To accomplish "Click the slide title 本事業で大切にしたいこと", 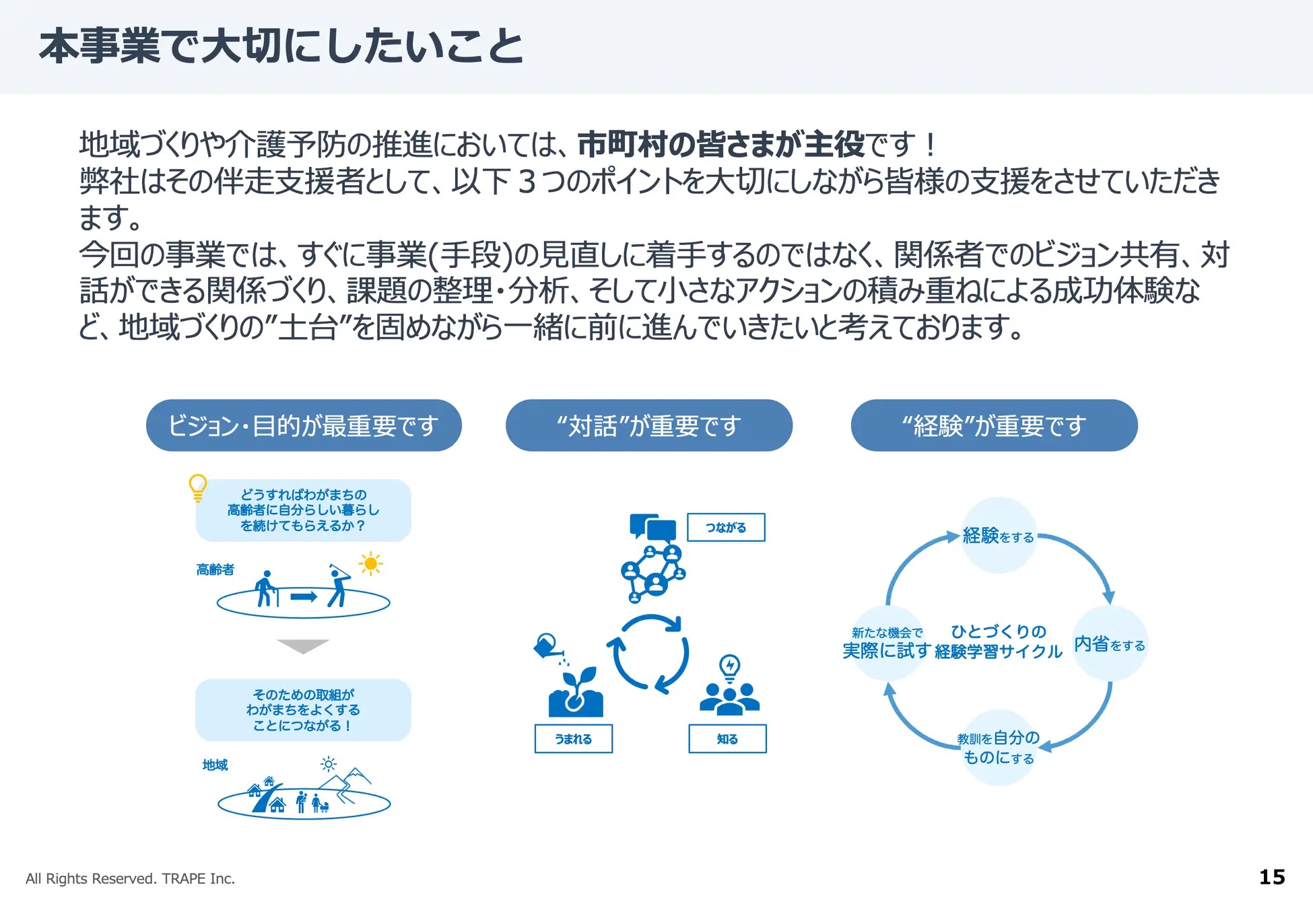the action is [281, 47].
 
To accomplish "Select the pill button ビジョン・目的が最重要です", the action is [304, 425].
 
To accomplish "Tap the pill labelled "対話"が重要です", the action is [649, 425].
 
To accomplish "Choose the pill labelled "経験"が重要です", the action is [995, 425].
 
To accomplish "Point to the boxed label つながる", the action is [726, 528].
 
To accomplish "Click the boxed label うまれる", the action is [574, 738].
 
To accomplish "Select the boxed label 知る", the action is [727, 738].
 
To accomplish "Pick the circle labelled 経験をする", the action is [999, 536].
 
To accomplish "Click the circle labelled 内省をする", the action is [1110, 643].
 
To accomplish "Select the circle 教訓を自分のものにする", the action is [999, 748].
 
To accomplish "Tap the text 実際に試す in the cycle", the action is [886, 651].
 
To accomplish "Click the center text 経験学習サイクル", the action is [999, 652].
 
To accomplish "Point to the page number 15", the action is [1272, 877].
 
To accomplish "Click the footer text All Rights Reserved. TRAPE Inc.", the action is [130, 878].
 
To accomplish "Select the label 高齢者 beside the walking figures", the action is [215, 569].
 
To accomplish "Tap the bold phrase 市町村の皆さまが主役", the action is [721, 144].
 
